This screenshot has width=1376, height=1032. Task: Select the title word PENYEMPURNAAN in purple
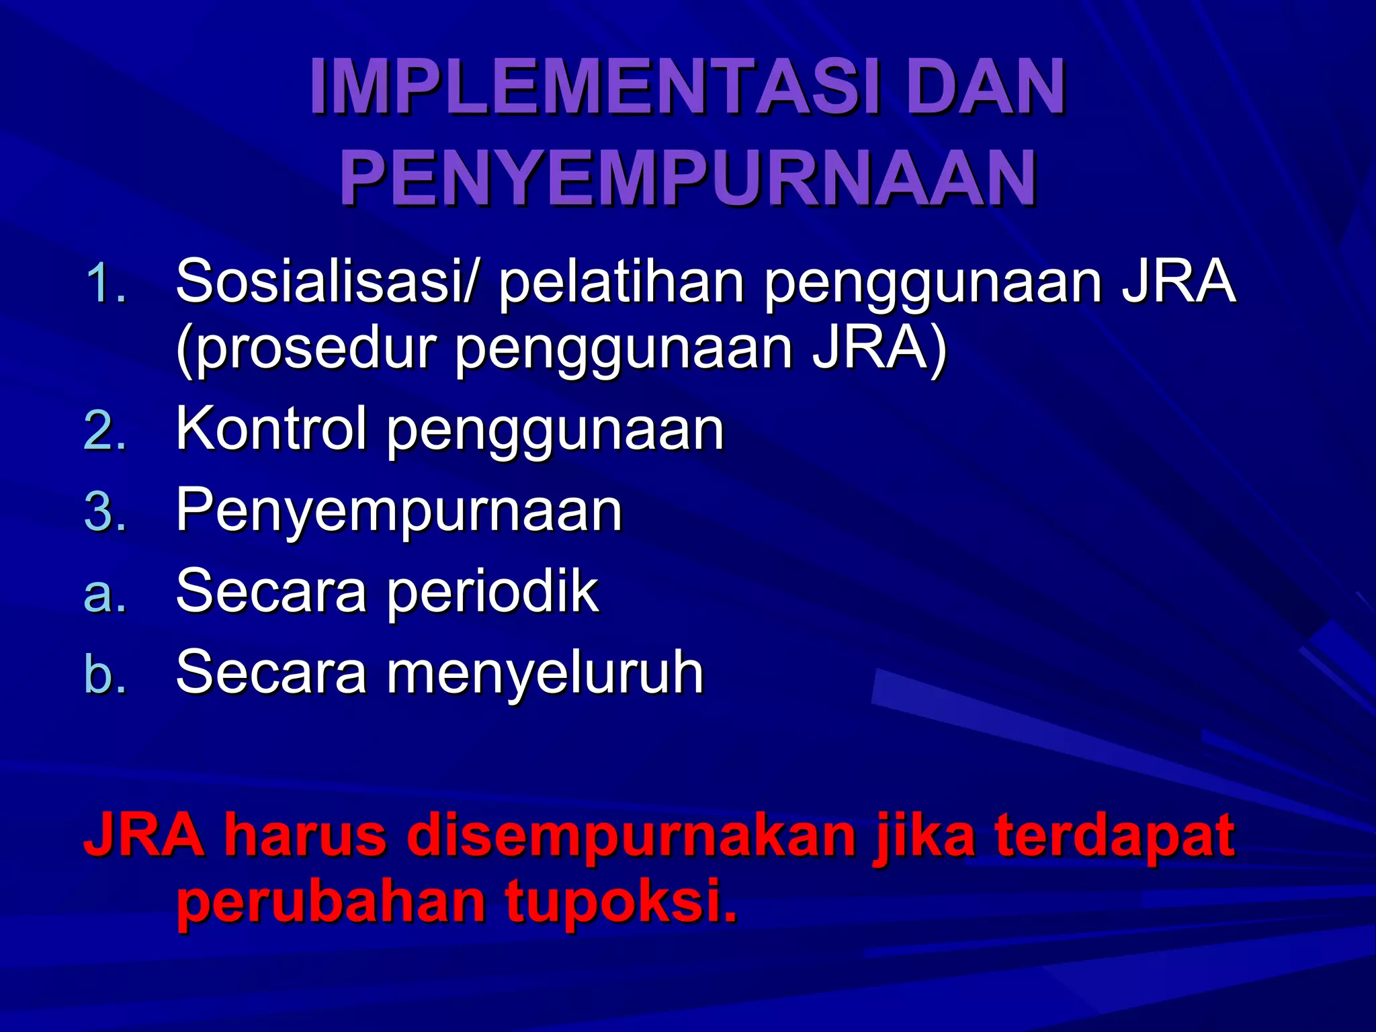tap(689, 179)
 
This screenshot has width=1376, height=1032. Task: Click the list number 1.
tap(105, 284)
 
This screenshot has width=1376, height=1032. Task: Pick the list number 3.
tap(105, 512)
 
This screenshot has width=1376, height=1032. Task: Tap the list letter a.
tap(105, 593)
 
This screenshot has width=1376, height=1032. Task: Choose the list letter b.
tap(105, 674)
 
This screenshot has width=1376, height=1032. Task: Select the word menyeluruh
tap(544, 673)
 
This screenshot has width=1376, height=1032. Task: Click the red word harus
tap(306, 835)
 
